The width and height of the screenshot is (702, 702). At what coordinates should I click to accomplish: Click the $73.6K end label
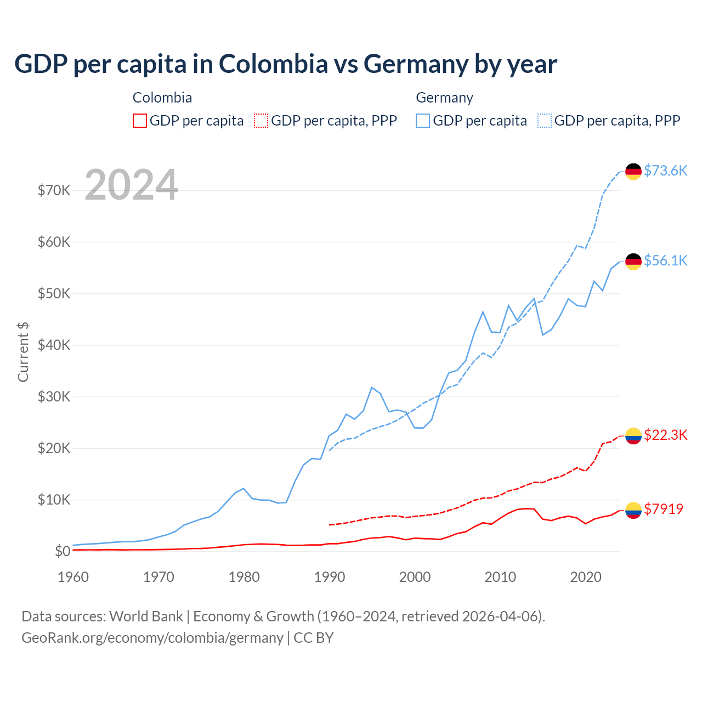coord(665,171)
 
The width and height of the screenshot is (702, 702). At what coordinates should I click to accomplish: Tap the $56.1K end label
coord(665,261)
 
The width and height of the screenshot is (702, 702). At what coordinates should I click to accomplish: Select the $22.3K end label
coord(665,435)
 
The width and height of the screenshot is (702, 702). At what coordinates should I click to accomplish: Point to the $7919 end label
coord(664,509)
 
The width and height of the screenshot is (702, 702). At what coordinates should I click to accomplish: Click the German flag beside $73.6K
coord(633,172)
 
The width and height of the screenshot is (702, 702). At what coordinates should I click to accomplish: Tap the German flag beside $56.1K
coord(633,262)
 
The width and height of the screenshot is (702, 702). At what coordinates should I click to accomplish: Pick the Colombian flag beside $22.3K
coord(633,436)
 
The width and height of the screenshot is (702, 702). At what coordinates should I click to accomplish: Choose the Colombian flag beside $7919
coord(633,510)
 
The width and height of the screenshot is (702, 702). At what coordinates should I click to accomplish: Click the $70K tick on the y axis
coord(54,190)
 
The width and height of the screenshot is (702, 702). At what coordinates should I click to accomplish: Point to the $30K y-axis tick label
coord(54,397)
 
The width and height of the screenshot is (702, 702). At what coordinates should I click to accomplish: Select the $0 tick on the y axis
coord(63,551)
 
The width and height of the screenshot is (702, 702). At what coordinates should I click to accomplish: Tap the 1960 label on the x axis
coord(73,577)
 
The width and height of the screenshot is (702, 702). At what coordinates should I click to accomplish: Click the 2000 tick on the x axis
coord(415,577)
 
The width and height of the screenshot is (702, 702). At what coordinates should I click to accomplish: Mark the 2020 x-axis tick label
coord(586,577)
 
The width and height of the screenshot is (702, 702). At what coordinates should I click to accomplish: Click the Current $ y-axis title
coord(23,352)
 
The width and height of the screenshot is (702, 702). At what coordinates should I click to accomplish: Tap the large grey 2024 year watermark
coord(132,185)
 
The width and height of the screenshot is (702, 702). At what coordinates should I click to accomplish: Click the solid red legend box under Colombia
coord(140,121)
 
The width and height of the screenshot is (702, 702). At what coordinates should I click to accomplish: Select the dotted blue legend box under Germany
coord(545,121)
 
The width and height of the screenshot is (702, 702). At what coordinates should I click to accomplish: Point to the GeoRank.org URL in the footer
coord(152,638)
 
